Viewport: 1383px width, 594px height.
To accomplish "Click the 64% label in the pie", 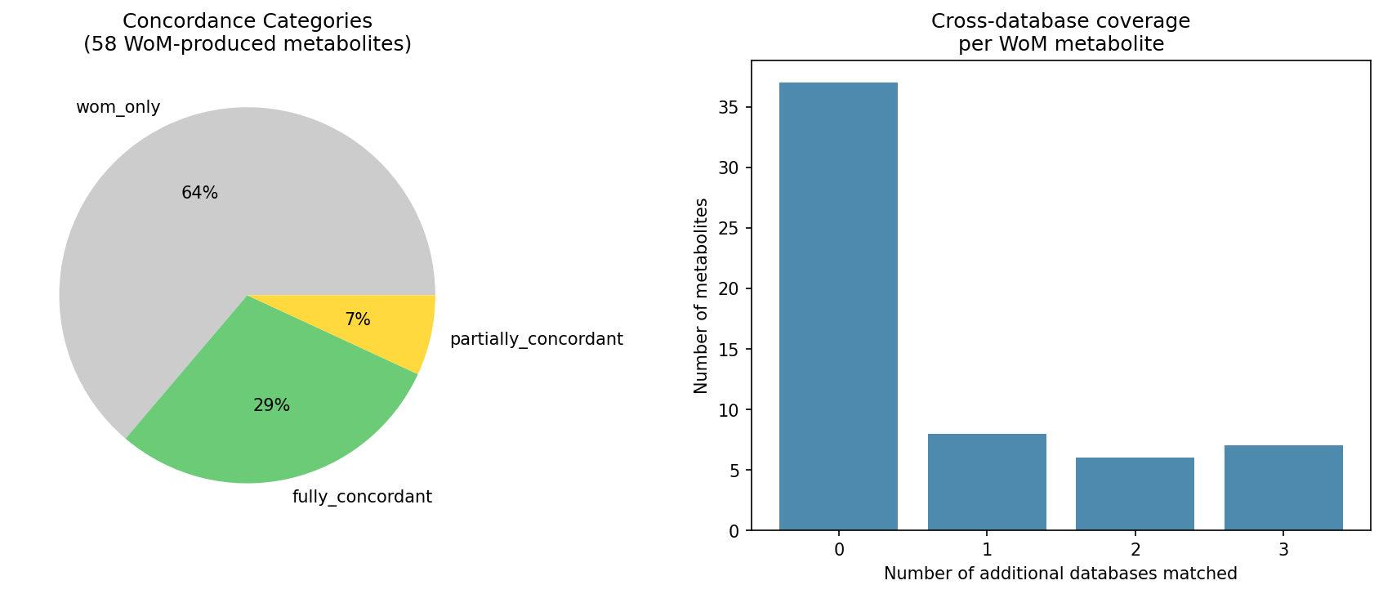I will (x=199, y=194).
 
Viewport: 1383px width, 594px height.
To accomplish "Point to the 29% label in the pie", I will (x=271, y=405).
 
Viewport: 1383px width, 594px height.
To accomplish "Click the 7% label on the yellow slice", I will (x=358, y=320).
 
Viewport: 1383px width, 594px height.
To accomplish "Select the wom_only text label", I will (x=118, y=108).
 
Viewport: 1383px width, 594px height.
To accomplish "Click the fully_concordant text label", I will (x=362, y=497).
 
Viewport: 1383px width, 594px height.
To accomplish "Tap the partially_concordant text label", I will (x=536, y=339).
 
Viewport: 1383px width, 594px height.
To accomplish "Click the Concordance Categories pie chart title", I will (x=248, y=33).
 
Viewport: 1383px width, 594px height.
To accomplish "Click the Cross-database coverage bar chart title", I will (x=1060, y=33).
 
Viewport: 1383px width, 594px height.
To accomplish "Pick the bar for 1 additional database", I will (x=987, y=482).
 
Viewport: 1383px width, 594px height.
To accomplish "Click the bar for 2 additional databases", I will (x=1135, y=494).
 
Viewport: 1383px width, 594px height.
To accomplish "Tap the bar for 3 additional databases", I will (x=1283, y=488).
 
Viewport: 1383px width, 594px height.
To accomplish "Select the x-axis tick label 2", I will (x=1135, y=550).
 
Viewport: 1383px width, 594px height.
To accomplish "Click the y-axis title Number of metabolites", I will (x=702, y=296).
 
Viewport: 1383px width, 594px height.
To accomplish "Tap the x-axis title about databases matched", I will (x=1060, y=574).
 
